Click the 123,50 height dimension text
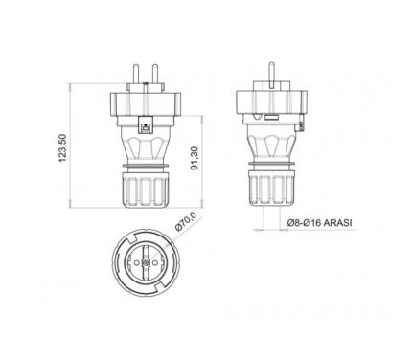click(x=62, y=147)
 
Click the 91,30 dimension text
click(x=195, y=158)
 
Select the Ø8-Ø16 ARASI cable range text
click(x=319, y=222)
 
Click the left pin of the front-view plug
click(x=135, y=74)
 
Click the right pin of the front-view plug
click(x=155, y=74)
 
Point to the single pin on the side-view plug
click(x=272, y=75)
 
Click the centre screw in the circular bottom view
click(x=146, y=262)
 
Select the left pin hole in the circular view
click(x=137, y=262)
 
